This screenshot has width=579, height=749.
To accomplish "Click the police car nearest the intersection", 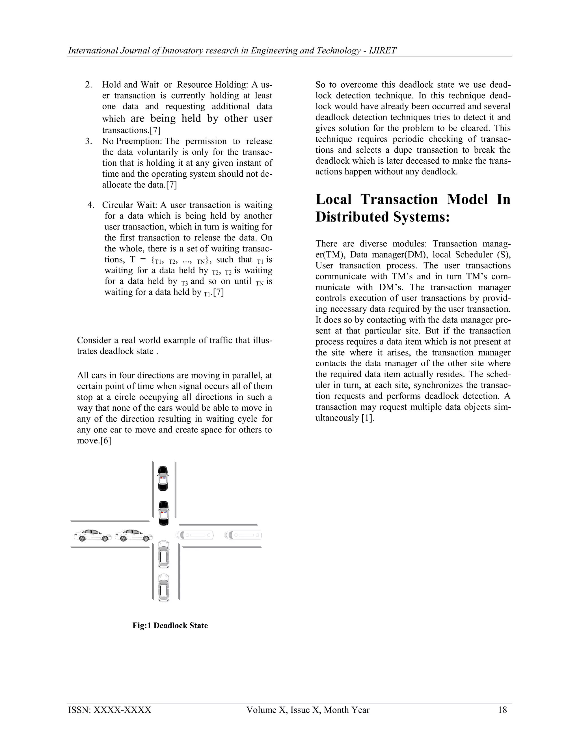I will [x=164, y=513].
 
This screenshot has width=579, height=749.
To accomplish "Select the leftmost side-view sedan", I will [x=92, y=535].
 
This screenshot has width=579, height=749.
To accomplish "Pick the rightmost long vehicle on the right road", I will [x=243, y=535].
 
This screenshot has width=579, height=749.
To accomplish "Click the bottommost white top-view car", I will [x=164, y=588].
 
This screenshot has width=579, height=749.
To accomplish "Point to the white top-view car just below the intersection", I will [x=164, y=554].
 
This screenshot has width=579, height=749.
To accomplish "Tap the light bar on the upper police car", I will [x=163, y=477].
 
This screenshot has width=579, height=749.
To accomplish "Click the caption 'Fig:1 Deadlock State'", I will [x=170, y=625].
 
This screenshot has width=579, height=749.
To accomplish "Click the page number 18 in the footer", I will [x=502, y=710].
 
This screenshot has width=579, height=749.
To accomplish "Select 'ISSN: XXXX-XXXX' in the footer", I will [x=110, y=710].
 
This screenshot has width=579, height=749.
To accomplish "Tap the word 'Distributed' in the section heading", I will [x=351, y=217].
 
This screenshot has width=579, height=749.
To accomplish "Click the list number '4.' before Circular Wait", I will [x=91, y=205].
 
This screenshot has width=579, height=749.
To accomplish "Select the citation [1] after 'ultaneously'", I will [x=368, y=418].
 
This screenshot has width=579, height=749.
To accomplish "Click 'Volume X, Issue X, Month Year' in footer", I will [x=308, y=710].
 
